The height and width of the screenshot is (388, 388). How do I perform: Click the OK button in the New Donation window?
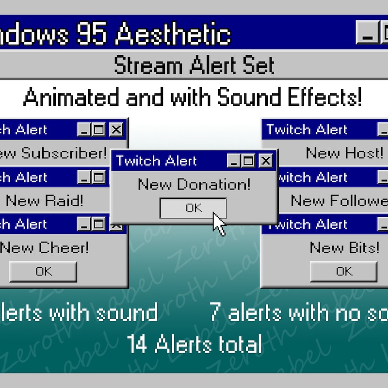(x=193, y=208)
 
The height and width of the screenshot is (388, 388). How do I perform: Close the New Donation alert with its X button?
(x=265, y=161)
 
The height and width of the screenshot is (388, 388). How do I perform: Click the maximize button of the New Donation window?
(x=249, y=161)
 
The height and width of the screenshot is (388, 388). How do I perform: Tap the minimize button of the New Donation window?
(x=234, y=161)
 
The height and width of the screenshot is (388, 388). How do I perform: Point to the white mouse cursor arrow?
(x=219, y=224)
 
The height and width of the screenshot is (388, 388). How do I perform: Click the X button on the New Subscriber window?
(x=116, y=129)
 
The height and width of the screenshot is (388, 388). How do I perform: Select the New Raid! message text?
(x=45, y=200)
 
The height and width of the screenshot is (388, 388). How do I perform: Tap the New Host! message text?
(x=344, y=153)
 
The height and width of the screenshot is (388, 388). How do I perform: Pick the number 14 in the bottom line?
(x=138, y=344)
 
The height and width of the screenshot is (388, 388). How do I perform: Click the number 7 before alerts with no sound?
(x=216, y=313)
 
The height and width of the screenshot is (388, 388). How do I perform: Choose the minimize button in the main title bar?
(x=367, y=33)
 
